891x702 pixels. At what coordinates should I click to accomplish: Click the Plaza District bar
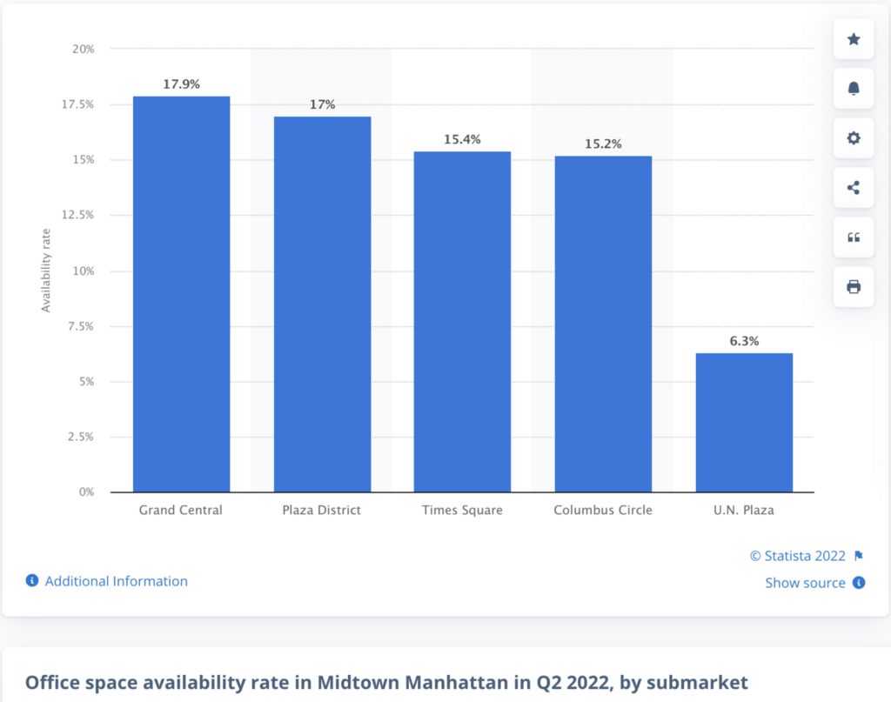tap(322, 304)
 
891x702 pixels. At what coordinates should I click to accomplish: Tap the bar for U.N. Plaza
tap(744, 422)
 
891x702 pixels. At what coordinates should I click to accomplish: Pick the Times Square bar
tap(462, 322)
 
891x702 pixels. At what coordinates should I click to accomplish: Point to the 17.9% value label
tap(181, 84)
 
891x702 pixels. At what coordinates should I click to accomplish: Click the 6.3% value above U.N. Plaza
tap(744, 341)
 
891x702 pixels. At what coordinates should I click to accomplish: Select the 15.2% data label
tap(603, 144)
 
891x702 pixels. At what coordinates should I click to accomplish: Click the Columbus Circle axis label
tap(603, 510)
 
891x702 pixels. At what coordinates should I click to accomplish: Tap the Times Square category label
tap(462, 510)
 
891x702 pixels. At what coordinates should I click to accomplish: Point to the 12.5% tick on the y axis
tap(77, 215)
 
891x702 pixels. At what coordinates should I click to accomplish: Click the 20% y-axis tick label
tap(84, 49)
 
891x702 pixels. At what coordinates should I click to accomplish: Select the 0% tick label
tap(86, 492)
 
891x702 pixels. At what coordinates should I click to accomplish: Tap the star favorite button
tap(854, 39)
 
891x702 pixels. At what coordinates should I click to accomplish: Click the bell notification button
tap(854, 89)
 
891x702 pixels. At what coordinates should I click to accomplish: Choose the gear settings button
tap(854, 138)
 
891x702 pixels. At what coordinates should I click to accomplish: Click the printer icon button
tap(854, 287)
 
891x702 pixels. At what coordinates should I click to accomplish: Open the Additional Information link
tap(116, 581)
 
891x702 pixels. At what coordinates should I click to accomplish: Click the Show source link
tap(805, 583)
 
